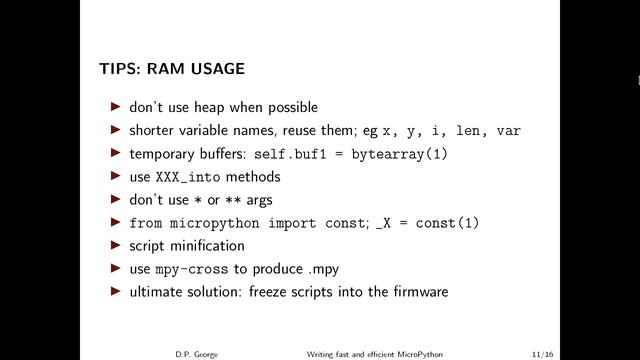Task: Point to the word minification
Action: (x=206, y=246)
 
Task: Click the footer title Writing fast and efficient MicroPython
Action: (x=375, y=352)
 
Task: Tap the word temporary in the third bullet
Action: (x=164, y=154)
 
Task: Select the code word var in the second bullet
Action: (x=508, y=131)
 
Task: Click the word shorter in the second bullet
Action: (x=153, y=130)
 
